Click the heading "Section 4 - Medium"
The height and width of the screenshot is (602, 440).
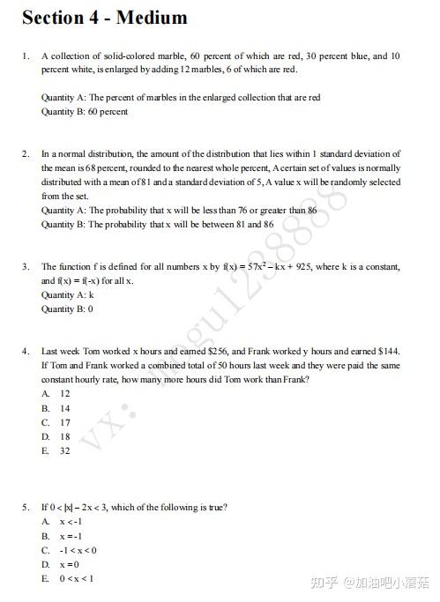(104, 18)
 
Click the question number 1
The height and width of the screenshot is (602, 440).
(26, 56)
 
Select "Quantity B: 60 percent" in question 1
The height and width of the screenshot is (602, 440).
(84, 112)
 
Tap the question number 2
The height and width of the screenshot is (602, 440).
(26, 153)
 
